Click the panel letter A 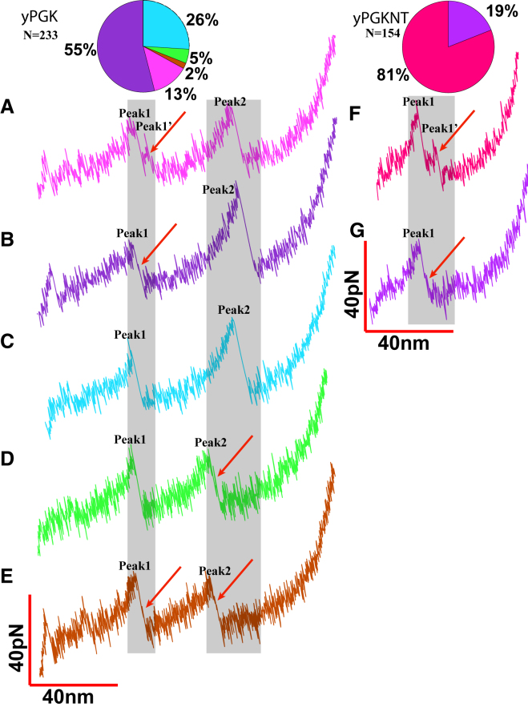click(8, 105)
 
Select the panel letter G click(359, 231)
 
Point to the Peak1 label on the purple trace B click(132, 233)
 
